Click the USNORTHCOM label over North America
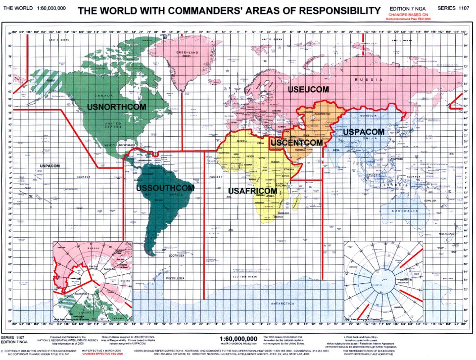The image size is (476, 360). [x=117, y=107]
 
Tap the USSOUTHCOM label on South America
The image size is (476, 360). [x=165, y=188]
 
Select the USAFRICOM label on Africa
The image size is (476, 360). [x=252, y=191]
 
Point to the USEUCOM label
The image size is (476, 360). [x=308, y=90]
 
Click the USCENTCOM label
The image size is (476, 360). [x=296, y=143]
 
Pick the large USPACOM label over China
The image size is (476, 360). [x=363, y=132]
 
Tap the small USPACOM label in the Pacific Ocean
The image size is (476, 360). [x=50, y=166]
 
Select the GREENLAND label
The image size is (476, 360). [x=188, y=53]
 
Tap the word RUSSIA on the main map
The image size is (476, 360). [x=375, y=79]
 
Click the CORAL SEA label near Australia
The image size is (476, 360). [x=431, y=200]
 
